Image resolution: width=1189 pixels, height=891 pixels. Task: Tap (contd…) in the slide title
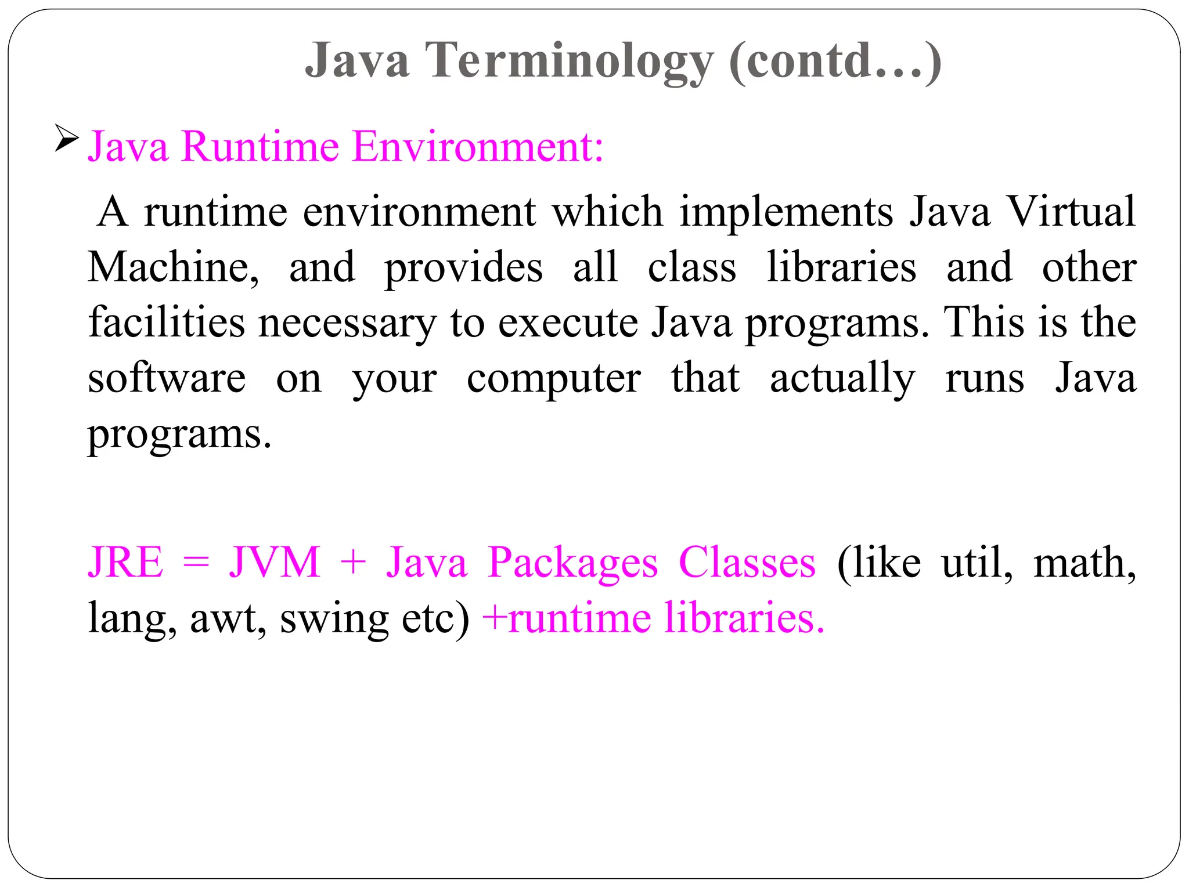tap(834, 60)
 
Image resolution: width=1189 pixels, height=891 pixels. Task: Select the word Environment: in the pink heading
tap(478, 146)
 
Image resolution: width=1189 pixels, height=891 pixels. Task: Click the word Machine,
tap(174, 267)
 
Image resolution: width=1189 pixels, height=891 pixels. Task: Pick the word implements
tap(786, 211)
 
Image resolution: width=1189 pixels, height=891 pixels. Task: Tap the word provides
tap(463, 269)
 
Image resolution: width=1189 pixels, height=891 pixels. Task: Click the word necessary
tap(347, 324)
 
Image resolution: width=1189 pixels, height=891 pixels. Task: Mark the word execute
tap(568, 323)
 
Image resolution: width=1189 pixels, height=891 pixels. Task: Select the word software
tap(167, 378)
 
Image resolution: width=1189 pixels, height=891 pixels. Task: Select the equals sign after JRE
tap(196, 563)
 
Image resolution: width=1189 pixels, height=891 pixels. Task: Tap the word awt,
tap(228, 618)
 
